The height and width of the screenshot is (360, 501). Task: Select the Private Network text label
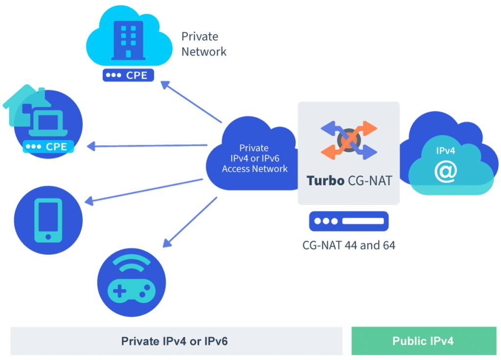click(204, 44)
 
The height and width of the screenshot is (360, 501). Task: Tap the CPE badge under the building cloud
click(129, 76)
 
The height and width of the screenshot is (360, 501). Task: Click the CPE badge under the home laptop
click(48, 146)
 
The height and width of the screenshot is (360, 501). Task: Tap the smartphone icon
click(48, 220)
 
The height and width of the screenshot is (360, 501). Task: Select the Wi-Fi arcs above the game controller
click(131, 265)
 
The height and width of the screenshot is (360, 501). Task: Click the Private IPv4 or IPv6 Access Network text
click(254, 158)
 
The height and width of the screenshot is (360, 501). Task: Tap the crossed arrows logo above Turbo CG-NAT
click(348, 140)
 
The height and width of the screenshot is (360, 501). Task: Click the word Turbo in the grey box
click(325, 180)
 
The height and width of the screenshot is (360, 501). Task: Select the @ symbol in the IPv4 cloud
click(446, 170)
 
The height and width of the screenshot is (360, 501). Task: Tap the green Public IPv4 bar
click(423, 341)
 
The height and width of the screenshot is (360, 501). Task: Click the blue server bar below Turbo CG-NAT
click(348, 221)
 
